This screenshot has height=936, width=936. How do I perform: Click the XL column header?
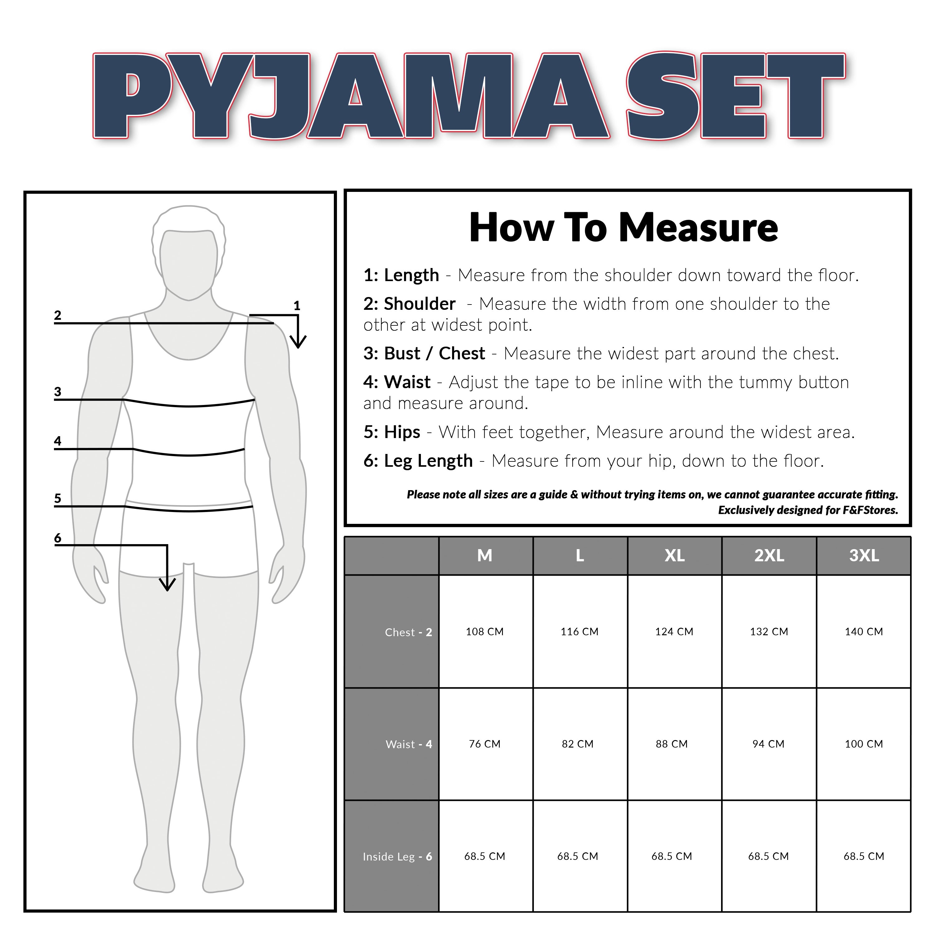(x=674, y=556)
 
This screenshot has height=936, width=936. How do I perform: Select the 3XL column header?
(x=864, y=556)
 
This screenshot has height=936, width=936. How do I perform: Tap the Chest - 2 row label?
(x=408, y=632)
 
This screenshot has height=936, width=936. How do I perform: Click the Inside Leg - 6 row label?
(x=397, y=856)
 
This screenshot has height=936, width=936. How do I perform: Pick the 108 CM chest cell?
(x=485, y=632)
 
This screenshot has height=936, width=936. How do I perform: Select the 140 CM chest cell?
(x=864, y=632)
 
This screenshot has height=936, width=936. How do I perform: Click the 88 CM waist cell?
(x=671, y=744)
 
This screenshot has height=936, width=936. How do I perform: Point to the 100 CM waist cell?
(x=864, y=744)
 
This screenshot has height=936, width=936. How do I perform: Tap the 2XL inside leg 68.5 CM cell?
(x=768, y=856)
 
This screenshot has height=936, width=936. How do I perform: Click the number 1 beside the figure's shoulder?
(x=297, y=306)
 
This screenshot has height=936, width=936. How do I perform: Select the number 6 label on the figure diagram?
(x=58, y=538)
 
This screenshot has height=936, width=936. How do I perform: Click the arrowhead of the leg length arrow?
(x=167, y=585)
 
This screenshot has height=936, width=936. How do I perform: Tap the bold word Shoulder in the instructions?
(x=420, y=304)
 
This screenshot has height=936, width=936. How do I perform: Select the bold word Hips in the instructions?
(x=402, y=432)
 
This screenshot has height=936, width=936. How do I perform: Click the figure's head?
(x=189, y=252)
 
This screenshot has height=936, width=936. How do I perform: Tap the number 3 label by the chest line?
(x=58, y=392)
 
